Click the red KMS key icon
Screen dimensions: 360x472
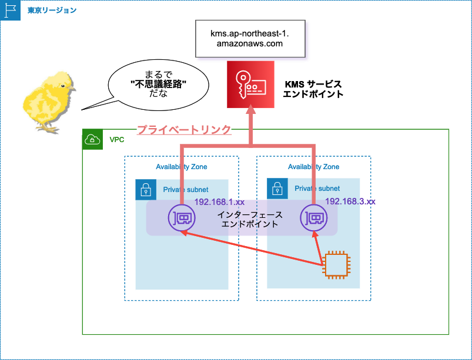[251, 85]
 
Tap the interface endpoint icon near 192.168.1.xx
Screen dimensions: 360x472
[181, 218]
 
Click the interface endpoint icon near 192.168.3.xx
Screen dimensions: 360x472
[313, 218]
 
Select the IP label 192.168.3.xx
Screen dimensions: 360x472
[350, 201]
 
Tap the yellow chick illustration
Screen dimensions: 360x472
[48, 100]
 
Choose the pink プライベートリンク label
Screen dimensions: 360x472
[184, 130]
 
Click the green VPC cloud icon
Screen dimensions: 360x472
[92, 140]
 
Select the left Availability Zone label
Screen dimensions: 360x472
[181, 167]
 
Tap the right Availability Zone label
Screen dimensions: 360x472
[313, 167]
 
